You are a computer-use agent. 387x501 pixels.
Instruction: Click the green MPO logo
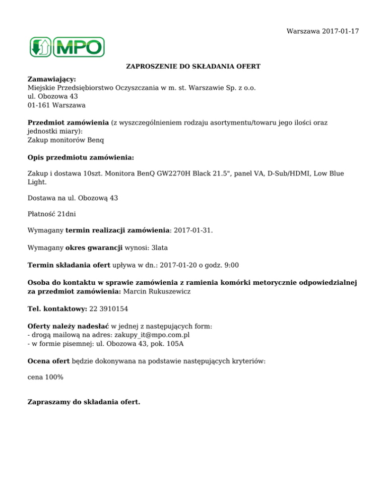click(x=67, y=47)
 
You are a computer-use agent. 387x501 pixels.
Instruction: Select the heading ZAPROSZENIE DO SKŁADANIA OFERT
click(x=193, y=67)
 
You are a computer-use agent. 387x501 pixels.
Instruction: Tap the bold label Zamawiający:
click(x=51, y=80)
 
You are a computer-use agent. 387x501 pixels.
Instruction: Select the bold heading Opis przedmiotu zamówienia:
click(x=81, y=158)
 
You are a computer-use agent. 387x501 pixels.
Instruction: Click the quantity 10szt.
click(x=86, y=173)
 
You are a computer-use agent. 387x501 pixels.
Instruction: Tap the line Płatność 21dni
click(x=51, y=214)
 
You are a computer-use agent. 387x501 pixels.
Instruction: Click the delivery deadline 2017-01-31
click(x=192, y=231)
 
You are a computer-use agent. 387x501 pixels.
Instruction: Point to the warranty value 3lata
click(x=161, y=248)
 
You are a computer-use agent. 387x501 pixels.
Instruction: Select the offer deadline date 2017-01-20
click(x=179, y=265)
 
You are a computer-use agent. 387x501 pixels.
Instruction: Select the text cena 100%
click(x=45, y=377)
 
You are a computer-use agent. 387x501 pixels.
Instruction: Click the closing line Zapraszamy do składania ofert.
click(x=84, y=402)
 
